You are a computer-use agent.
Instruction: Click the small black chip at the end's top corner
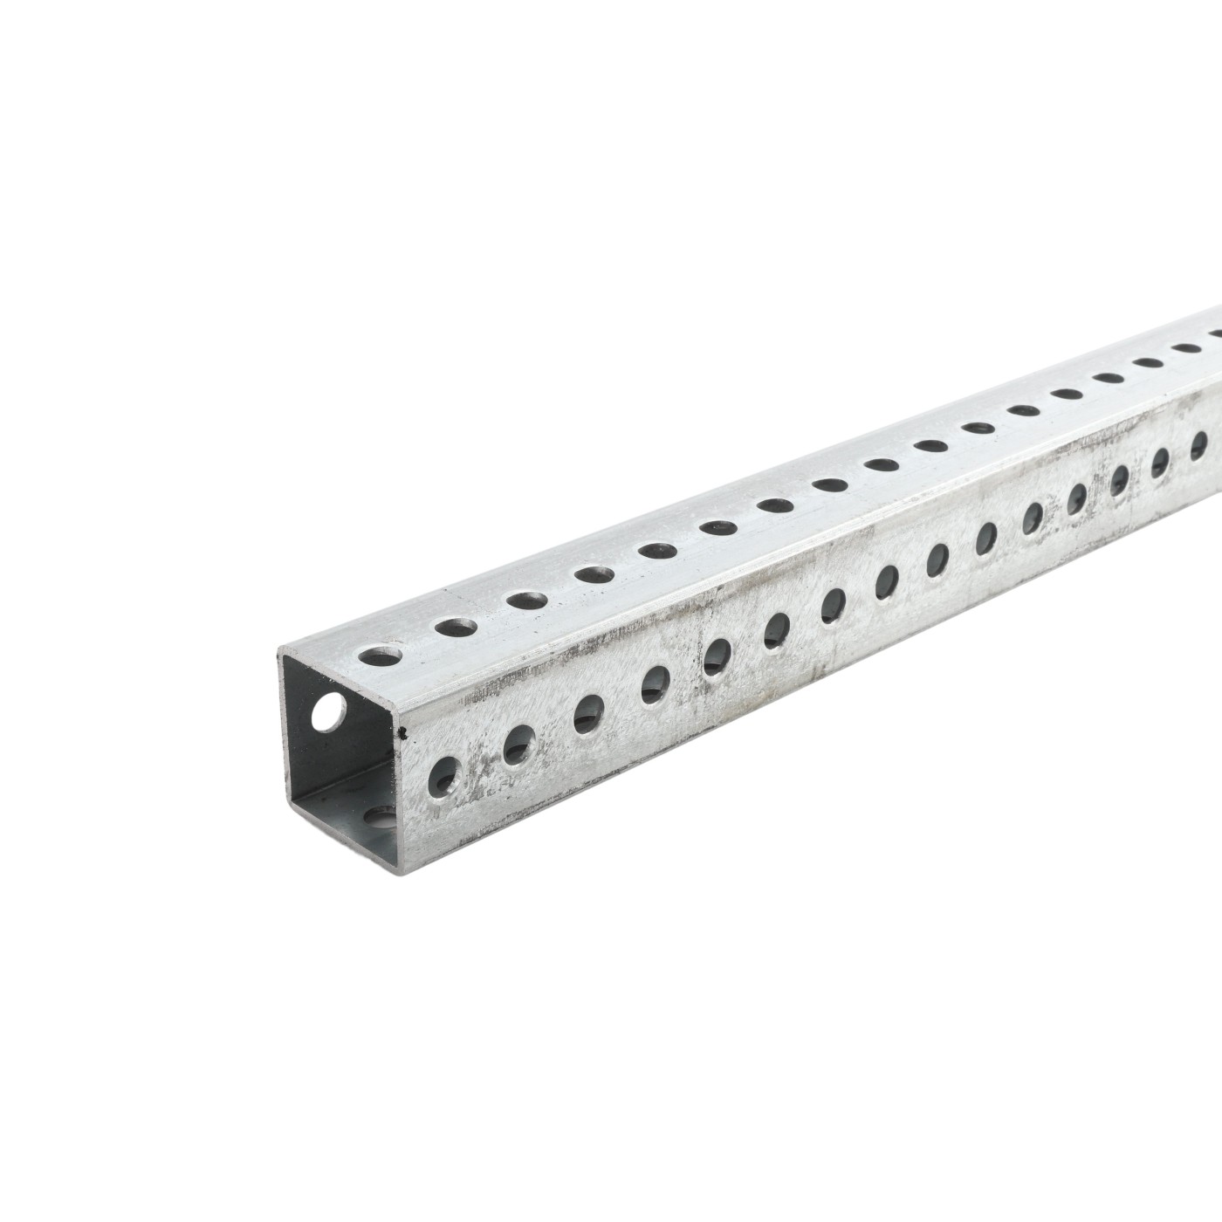402,731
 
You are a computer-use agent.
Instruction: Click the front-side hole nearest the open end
447,774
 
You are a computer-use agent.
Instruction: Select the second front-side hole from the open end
520,744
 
